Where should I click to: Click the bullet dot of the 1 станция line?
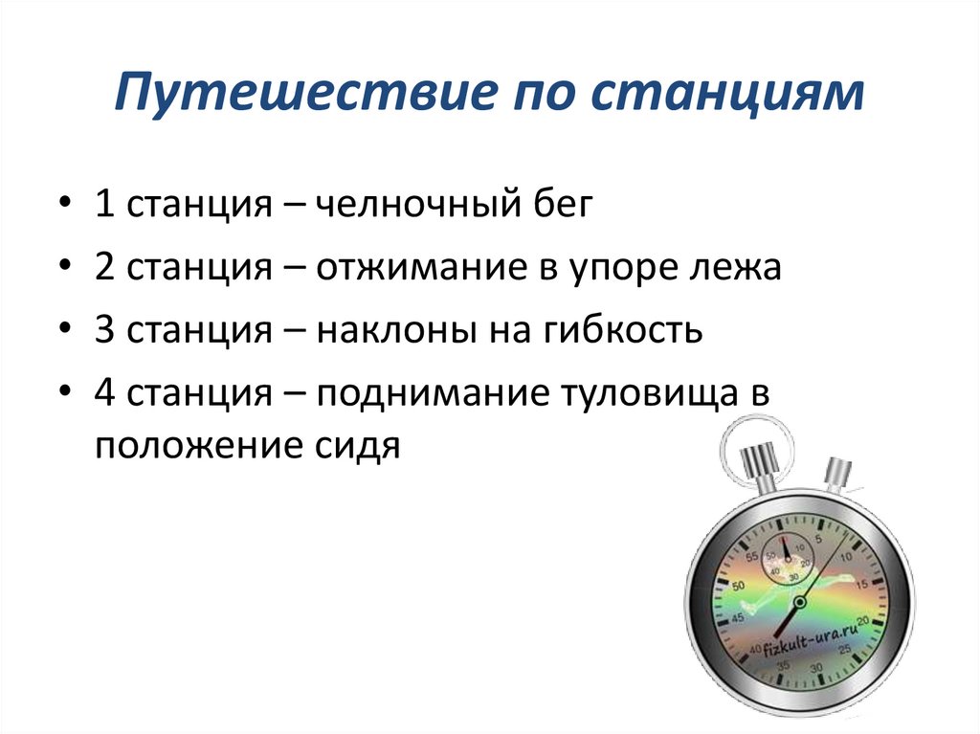tap(63, 207)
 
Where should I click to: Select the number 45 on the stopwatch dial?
tap(738, 619)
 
